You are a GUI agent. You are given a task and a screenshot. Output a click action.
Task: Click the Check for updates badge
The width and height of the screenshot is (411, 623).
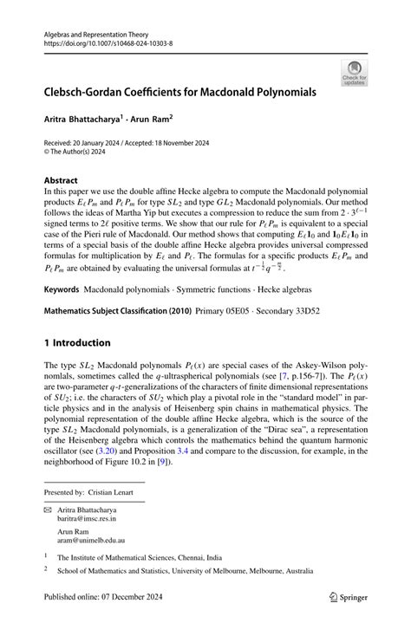354,73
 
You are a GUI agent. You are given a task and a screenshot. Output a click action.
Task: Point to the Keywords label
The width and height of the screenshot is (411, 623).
68,313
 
